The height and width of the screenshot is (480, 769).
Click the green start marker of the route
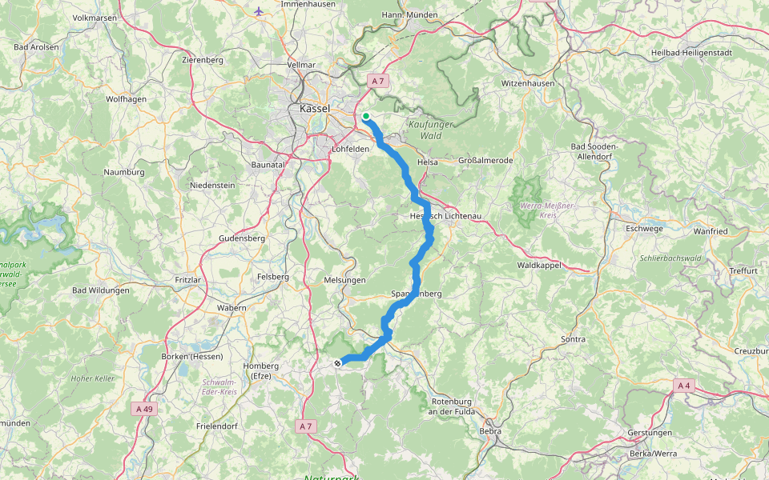[x=366, y=117]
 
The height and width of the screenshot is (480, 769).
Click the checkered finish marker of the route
[x=337, y=363]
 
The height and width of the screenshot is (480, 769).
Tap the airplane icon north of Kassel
[x=258, y=11]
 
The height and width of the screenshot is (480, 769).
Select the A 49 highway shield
[x=143, y=409]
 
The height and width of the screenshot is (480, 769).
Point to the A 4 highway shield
[x=683, y=386]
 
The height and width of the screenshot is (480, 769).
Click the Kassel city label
[x=312, y=109]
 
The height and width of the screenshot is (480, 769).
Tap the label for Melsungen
[x=344, y=280]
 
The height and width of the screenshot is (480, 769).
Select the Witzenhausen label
[x=527, y=83]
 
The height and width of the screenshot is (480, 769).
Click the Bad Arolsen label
[x=36, y=47]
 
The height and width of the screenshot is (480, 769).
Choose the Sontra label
[x=574, y=339]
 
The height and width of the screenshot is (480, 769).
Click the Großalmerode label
[x=485, y=161]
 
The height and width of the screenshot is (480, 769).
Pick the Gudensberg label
[x=241, y=238]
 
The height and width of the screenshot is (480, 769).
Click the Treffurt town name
[x=743, y=270]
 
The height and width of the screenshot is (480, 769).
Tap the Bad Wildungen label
[x=100, y=290]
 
